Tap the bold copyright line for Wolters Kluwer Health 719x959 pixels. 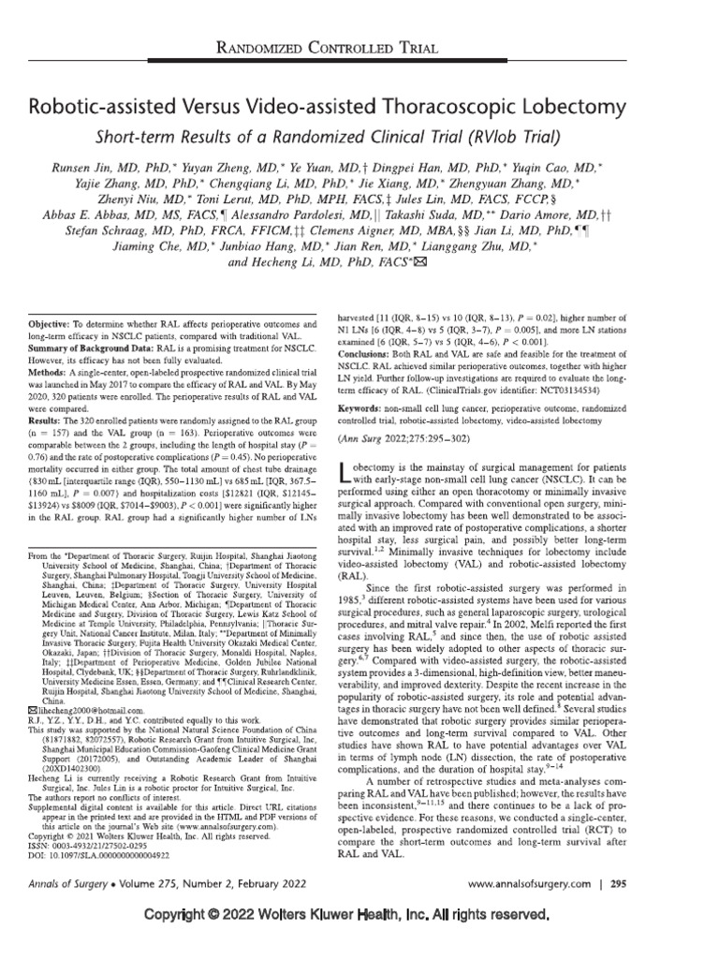(x=359, y=921)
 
